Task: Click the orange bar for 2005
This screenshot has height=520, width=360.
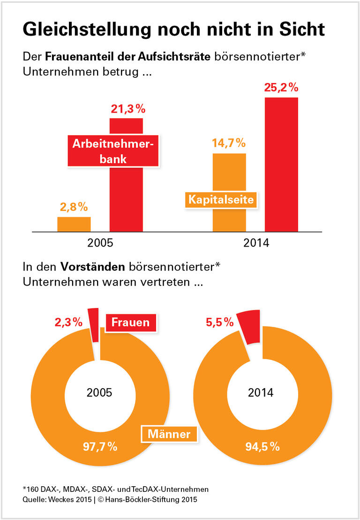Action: [x=74, y=224]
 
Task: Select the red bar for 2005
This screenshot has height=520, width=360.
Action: [x=126, y=197]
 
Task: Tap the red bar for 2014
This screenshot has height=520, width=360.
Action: [x=281, y=164]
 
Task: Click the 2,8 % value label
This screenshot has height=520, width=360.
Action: [x=74, y=207]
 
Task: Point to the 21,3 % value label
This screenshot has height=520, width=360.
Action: [x=128, y=109]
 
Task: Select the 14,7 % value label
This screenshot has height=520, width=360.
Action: [x=229, y=143]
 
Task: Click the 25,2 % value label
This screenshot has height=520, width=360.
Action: [x=281, y=88]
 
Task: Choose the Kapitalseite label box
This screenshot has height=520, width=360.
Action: [x=221, y=200]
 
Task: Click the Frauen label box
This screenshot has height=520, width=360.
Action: [x=130, y=322]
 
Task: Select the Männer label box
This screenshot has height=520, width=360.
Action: [x=169, y=434]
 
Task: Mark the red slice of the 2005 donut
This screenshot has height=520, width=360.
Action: [x=94, y=324]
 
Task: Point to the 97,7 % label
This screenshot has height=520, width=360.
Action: [x=100, y=446]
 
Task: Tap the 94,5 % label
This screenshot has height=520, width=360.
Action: [x=262, y=446]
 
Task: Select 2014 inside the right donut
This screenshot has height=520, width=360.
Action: [x=261, y=392]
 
